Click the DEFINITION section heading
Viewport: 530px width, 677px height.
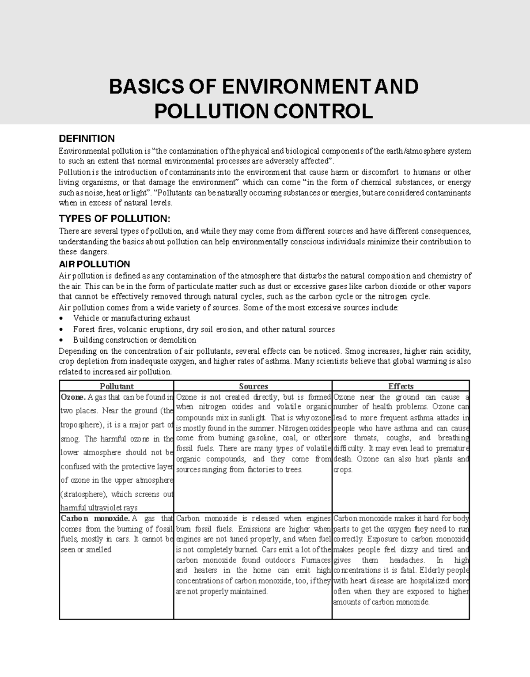click(x=87, y=139)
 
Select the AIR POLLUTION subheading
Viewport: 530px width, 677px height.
click(x=94, y=264)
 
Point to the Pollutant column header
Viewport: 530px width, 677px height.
click(x=116, y=386)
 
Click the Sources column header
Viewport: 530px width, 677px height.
click(x=253, y=386)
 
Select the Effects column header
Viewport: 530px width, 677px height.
click(x=401, y=386)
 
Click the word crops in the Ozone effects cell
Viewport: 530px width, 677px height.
click(x=343, y=470)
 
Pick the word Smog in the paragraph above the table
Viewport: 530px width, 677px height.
click(x=354, y=351)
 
